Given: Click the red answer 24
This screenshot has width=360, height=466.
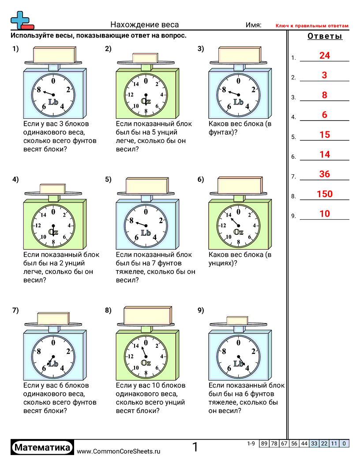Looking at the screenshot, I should (x=324, y=56).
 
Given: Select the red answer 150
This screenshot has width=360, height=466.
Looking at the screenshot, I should (x=324, y=194).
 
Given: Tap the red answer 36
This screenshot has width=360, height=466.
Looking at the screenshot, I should (x=324, y=174).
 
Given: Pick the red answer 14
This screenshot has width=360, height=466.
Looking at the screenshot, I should (x=324, y=154).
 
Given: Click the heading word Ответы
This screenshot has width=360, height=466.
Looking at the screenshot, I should (x=325, y=37).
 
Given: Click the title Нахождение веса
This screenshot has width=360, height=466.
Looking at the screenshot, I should (x=145, y=25).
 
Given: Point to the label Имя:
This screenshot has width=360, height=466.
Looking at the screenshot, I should (x=253, y=25).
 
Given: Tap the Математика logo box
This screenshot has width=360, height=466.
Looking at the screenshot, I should (x=42, y=448).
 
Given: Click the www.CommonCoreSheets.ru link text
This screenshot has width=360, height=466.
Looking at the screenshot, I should (x=118, y=451).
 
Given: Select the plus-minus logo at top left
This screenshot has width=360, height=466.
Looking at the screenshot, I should (x=21, y=20).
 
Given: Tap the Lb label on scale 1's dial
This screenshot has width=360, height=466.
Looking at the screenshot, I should (x=53, y=102).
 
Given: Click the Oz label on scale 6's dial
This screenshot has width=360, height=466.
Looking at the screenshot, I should (x=238, y=232).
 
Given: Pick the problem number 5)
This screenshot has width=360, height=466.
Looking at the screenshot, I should (x=108, y=180).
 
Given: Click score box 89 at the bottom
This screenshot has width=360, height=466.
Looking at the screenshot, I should (x=264, y=443).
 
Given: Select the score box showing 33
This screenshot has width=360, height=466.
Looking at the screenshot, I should (x=314, y=443).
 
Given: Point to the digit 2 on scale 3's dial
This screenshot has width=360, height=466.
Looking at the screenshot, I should (x=253, y=90).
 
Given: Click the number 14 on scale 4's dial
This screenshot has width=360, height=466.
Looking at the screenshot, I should (x=43, y=215).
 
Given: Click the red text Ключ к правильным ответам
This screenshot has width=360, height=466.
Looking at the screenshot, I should (x=312, y=26).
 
